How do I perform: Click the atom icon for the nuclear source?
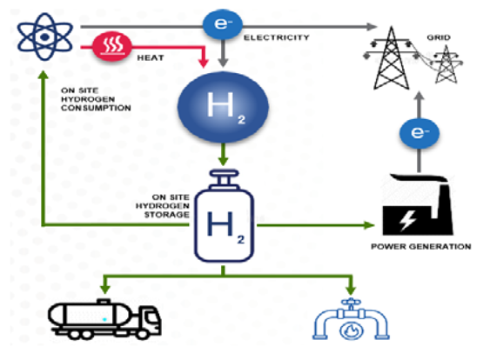(45, 37)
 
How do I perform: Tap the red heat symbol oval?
(112, 46)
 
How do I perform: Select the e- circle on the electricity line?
(223, 24)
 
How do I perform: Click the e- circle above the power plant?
(419, 133)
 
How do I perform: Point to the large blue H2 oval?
(223, 107)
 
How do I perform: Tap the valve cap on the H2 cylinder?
(224, 179)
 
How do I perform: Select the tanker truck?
(104, 319)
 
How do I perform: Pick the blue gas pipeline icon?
(351, 319)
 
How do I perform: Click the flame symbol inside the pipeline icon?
(351, 330)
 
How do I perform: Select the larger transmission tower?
(391, 58)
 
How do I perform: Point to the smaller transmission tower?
(446, 64)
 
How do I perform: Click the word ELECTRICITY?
(277, 37)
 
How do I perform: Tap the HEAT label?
(151, 57)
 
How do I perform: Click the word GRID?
(439, 37)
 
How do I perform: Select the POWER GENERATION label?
(421, 246)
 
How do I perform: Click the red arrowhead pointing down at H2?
(204, 63)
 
